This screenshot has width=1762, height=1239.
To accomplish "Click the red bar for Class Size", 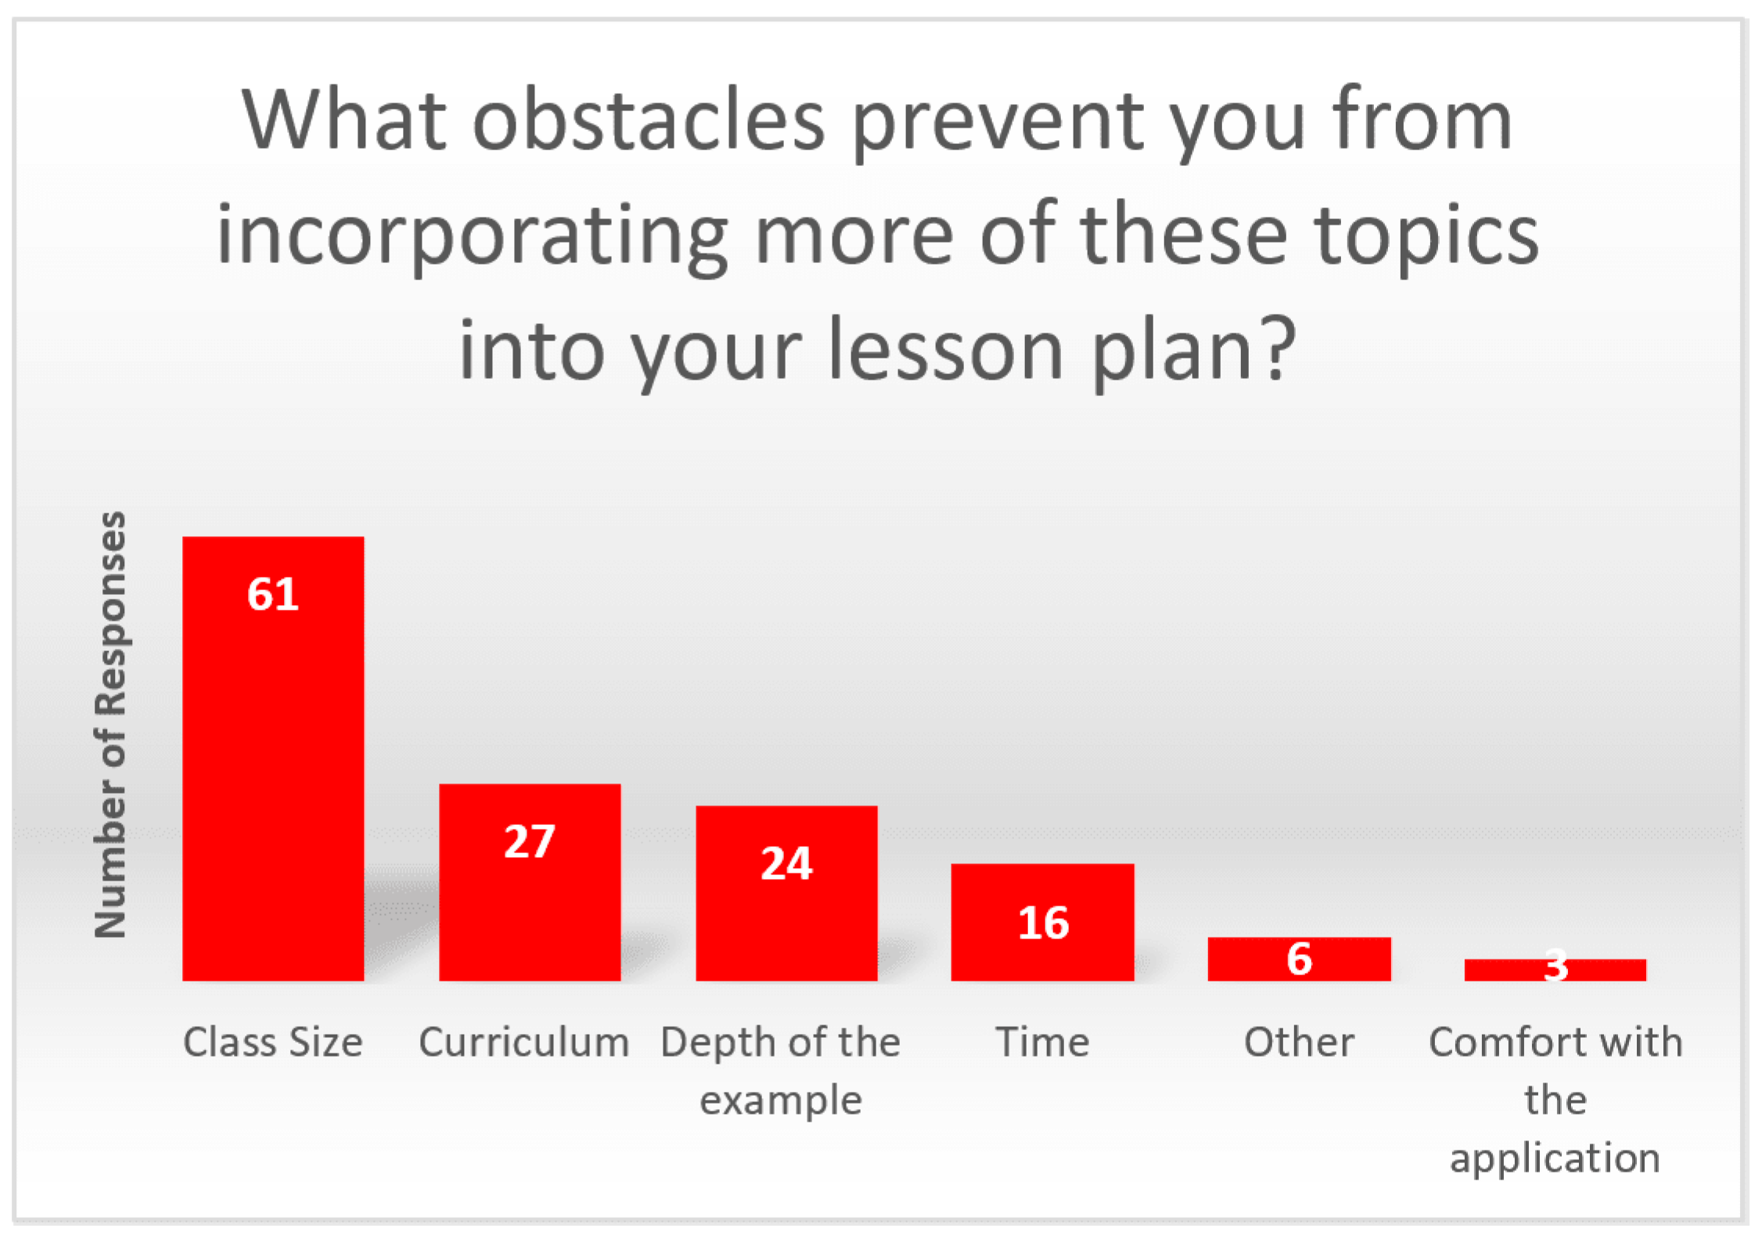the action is point(273,758).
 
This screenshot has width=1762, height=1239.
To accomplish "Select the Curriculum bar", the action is point(530,882).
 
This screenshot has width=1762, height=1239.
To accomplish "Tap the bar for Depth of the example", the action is point(786,893).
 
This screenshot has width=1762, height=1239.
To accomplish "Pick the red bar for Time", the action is point(1042,922).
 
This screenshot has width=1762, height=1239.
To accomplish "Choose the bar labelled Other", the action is point(1300,959).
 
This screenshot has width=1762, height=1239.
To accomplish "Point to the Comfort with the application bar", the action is point(1555,970).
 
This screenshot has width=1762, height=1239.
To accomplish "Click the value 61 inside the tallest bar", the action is point(273,594).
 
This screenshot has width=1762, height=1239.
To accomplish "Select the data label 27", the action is point(530,841).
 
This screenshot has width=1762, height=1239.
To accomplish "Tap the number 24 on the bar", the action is point(786,863).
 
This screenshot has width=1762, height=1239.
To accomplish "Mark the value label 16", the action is point(1043,923).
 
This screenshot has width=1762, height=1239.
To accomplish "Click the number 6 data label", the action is point(1300,959).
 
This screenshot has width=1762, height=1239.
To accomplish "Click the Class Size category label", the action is point(273,1043).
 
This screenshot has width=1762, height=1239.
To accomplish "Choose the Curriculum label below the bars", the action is point(524,1043).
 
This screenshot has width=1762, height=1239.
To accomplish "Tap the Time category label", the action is point(1042,1043).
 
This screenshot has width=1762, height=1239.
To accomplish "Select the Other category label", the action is point(1300,1043).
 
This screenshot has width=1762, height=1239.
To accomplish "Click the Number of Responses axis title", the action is point(110,724).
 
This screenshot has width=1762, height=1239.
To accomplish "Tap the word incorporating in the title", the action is point(473,236).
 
